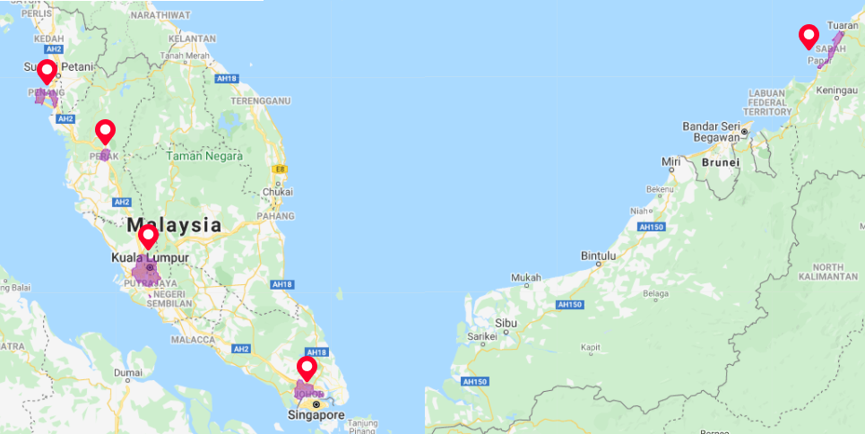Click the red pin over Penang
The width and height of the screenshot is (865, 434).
pos(45,72)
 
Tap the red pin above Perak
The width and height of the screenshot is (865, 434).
pos(105,131)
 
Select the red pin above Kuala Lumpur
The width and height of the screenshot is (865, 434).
pos(148,237)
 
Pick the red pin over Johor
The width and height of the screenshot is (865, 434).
pos(307,369)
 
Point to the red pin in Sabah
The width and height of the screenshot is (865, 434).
pos(809,37)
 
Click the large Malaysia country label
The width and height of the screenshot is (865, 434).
pos(174,225)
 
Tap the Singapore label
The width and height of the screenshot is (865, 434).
pos(316,416)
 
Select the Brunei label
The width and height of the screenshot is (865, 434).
pos(720,163)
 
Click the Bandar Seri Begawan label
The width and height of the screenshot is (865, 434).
pos(714,132)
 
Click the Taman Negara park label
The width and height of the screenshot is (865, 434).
pos(204,156)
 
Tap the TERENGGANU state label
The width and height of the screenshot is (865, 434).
pos(260,101)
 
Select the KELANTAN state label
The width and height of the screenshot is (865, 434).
pos(192,39)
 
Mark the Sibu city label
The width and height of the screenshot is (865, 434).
pos(507,322)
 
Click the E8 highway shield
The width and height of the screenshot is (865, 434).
pos(281,169)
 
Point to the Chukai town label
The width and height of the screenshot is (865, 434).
pos(278,192)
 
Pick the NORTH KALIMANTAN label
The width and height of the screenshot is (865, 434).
pos(829,273)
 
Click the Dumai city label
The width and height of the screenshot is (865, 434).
pos(127,372)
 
